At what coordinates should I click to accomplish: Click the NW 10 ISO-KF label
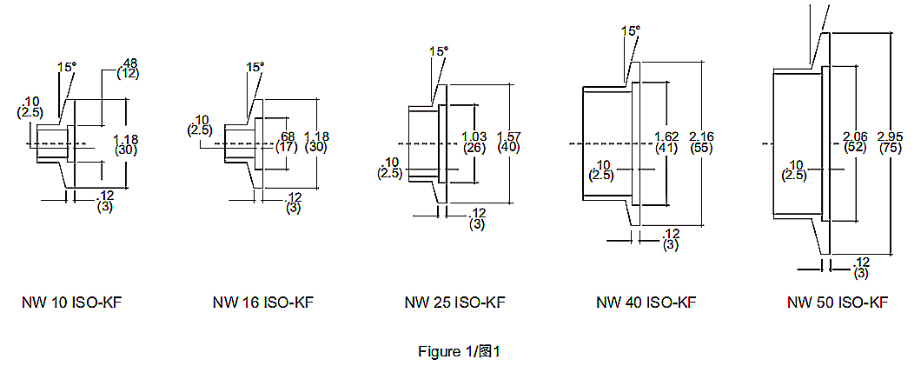coord(71,303)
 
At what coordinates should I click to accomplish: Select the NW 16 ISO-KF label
coord(263,303)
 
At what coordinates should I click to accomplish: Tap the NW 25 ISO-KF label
coord(454,303)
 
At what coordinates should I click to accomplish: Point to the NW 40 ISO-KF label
coord(646,303)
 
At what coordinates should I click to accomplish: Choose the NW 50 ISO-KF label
coord(838,303)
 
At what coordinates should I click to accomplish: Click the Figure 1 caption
coord(459,351)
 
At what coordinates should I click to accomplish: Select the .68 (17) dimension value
coord(287,143)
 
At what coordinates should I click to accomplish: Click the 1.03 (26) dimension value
coord(474,143)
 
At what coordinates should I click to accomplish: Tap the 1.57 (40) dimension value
coord(508,143)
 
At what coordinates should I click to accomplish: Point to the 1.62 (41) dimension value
coord(666,143)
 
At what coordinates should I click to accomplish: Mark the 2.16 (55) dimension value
coord(700,143)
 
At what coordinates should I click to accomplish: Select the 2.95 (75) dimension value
coord(891,143)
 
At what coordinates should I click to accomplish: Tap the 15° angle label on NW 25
coord(439,51)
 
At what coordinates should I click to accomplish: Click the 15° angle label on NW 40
coord(631,30)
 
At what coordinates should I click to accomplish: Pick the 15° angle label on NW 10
coord(66,66)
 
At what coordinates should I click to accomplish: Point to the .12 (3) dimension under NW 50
coord(862,267)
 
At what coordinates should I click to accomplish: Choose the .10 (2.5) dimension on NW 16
coord(201,125)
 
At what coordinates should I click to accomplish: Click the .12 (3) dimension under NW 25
coord(477,218)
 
